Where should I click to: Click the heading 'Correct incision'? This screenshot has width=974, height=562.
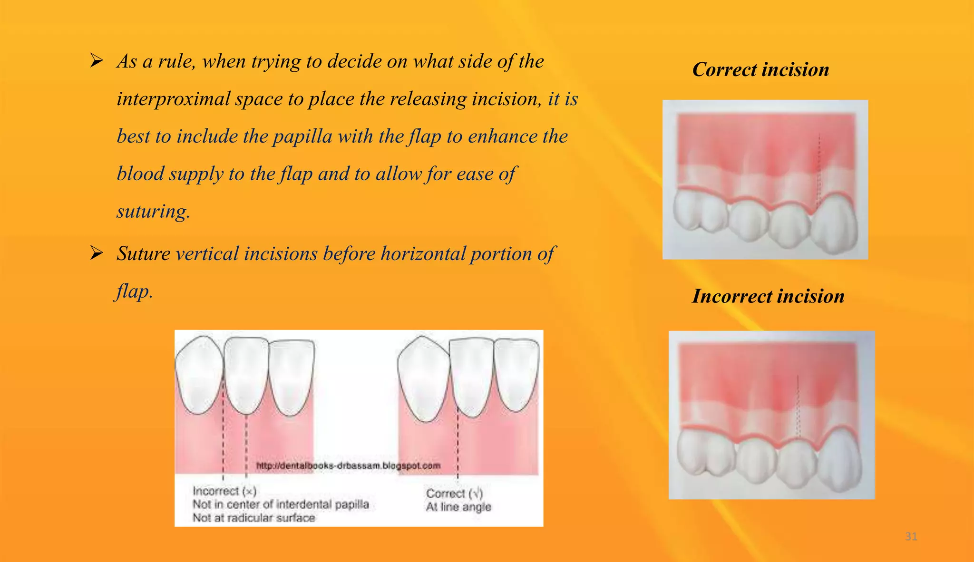[x=760, y=69]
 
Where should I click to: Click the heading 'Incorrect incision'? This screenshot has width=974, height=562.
[x=768, y=296]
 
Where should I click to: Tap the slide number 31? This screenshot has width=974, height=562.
[x=911, y=537]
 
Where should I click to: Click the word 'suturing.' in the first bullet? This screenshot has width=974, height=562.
[x=153, y=212]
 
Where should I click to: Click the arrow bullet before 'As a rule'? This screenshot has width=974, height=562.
[x=97, y=61]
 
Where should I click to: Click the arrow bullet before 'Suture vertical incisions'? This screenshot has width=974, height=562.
[x=97, y=253]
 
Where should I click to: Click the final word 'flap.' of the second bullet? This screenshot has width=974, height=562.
[x=134, y=291]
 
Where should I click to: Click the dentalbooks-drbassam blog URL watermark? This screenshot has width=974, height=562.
[x=348, y=465]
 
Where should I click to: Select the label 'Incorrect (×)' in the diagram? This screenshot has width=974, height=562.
[x=224, y=491]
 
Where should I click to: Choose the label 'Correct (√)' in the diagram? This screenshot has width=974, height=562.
[x=454, y=493]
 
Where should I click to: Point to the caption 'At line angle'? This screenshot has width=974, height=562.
[x=458, y=507]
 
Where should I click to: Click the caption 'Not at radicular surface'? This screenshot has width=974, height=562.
[x=253, y=518]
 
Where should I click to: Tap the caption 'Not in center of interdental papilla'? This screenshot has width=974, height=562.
[x=281, y=504]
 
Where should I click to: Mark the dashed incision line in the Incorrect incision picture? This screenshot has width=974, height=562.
[x=798, y=409]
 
